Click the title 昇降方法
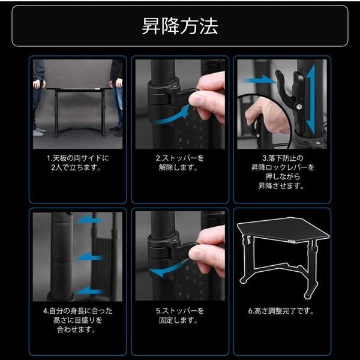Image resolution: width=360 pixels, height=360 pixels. tap(180, 26)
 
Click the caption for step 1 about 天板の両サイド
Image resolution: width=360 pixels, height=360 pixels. tap(78, 163)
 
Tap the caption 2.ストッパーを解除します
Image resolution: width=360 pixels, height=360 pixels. tap(179, 163)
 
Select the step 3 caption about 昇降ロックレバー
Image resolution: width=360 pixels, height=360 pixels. tap(281, 173)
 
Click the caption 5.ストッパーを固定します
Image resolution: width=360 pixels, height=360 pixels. tap(179, 316)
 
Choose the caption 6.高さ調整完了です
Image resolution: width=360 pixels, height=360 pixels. tap(281, 311)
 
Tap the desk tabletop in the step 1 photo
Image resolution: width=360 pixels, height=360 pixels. tap(78, 89)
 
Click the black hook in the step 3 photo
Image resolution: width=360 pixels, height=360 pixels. tap(286, 87)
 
